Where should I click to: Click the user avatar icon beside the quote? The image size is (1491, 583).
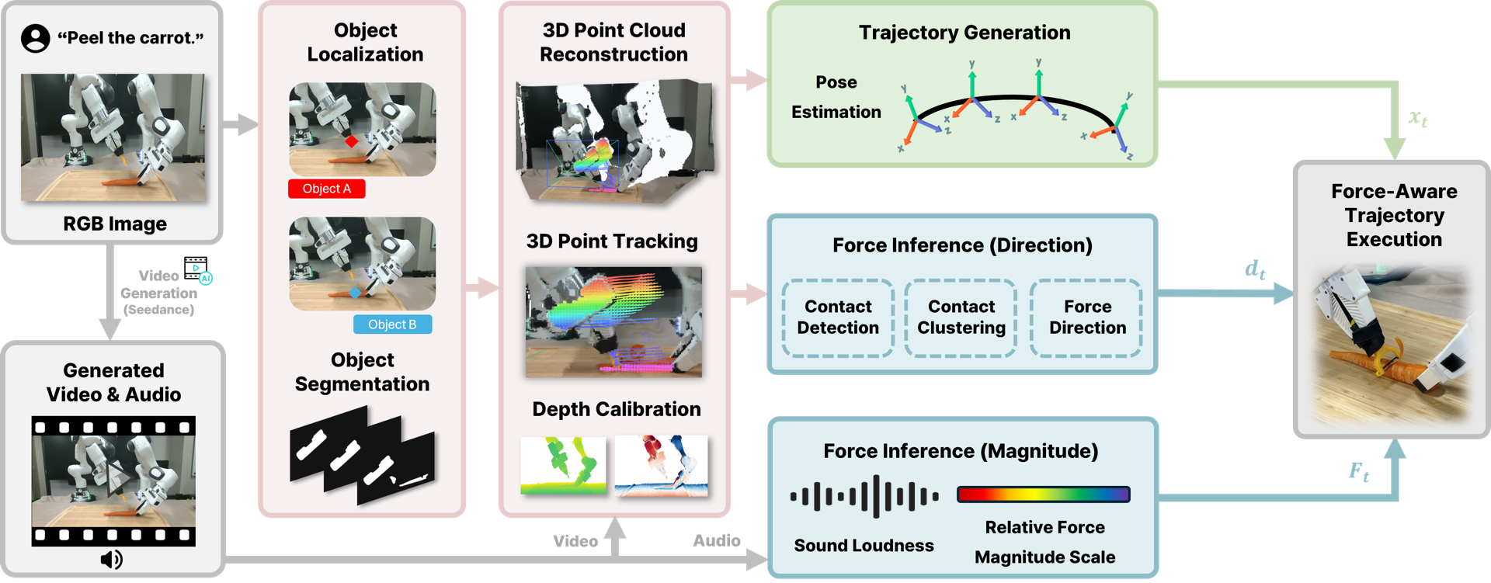coord(36,38)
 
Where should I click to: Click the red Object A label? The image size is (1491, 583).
coord(326,189)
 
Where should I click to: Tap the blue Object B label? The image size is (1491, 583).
coord(392,324)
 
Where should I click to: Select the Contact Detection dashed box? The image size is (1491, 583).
coord(838,318)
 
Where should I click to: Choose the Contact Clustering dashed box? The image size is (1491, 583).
coord(961,318)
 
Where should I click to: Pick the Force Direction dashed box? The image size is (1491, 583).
coord(1086,318)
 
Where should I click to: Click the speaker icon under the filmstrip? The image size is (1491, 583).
coord(112,559)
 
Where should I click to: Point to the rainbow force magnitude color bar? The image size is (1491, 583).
coord(1043,495)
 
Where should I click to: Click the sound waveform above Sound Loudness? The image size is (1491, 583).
coord(864,496)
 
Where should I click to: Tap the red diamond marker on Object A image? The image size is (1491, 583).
coord(351,141)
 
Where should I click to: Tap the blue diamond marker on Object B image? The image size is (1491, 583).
coord(355,293)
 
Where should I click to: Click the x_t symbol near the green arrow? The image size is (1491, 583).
coord(1418,118)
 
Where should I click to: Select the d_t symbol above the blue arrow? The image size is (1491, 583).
coord(1255,269)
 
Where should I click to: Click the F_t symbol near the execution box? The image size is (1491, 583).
coord(1358,471)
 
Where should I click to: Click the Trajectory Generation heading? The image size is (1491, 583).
coord(964,33)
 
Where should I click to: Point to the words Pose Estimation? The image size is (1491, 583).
coord(836,97)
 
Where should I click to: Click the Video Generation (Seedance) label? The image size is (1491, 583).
coord(158,293)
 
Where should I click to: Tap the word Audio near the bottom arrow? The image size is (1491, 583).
coord(716,540)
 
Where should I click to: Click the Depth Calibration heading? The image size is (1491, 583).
coord(616,409)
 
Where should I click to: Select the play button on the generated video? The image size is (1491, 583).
coord(117,476)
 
